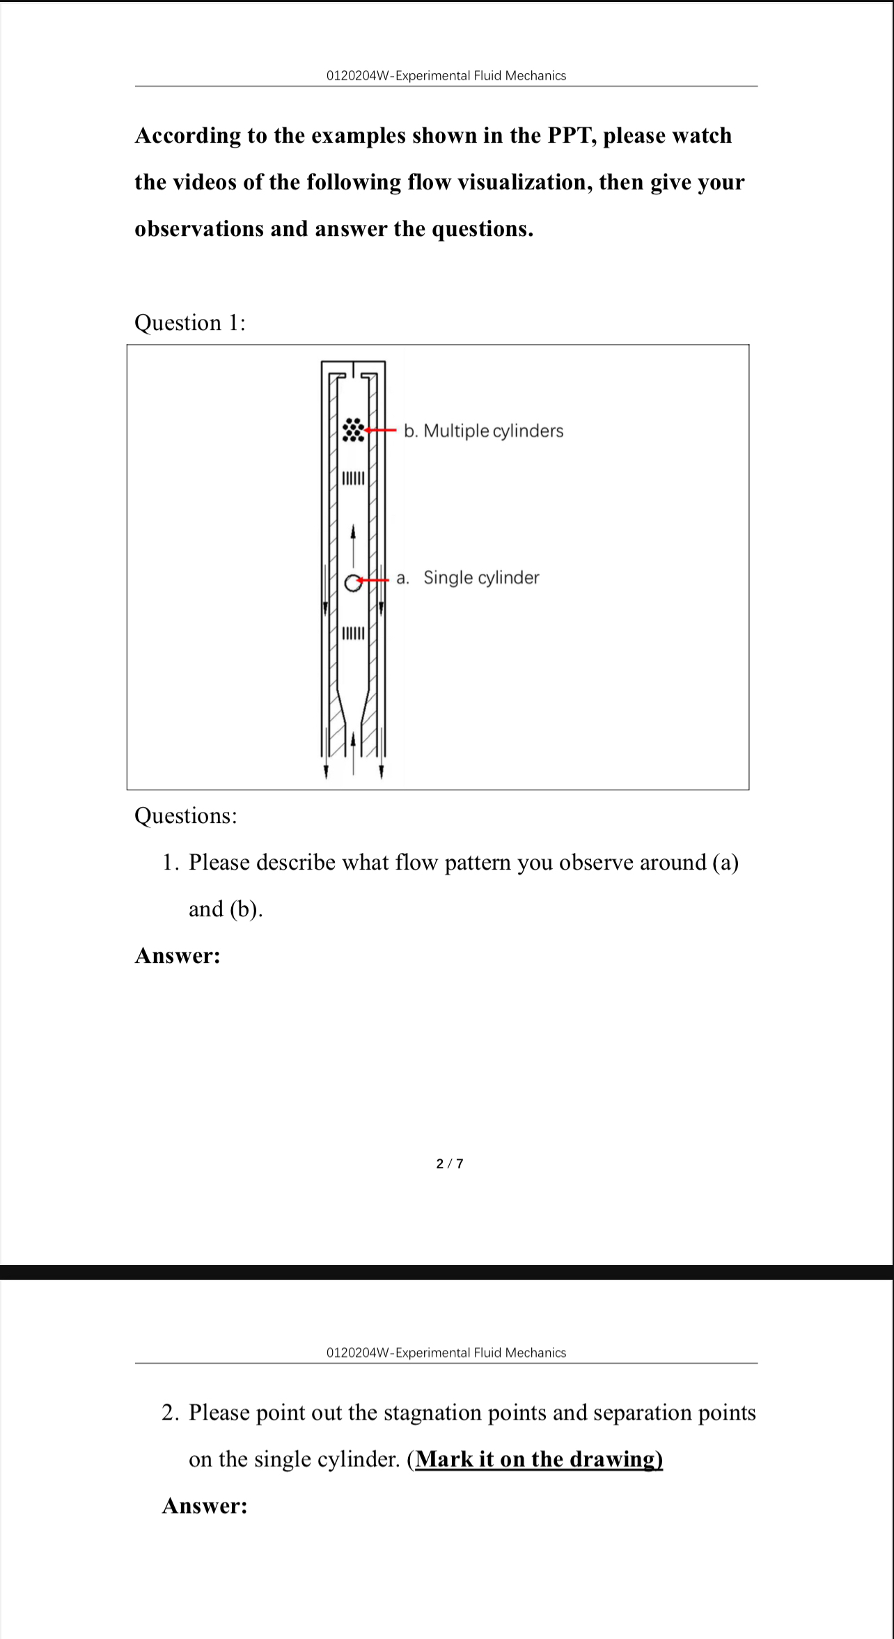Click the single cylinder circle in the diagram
click(353, 583)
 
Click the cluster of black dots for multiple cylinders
click(353, 430)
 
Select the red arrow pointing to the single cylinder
click(373, 580)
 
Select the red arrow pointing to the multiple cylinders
click(381, 430)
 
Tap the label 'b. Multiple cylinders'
click(484, 431)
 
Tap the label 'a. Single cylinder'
click(468, 578)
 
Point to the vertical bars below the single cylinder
click(353, 634)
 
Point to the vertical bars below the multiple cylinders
click(353, 478)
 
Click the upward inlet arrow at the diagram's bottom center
click(353, 752)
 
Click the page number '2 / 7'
click(450, 1164)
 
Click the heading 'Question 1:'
click(190, 322)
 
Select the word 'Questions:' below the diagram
click(186, 815)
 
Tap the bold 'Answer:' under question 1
click(178, 956)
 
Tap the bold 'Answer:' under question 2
click(205, 1506)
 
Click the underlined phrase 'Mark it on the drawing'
click(538, 1459)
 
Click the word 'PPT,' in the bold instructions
click(572, 135)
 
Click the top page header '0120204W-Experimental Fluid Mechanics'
click(446, 75)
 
